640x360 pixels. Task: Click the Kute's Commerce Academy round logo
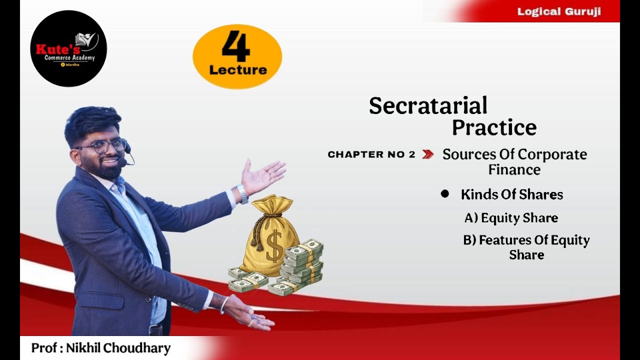coord(68,48)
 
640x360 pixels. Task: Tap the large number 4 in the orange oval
coord(236,46)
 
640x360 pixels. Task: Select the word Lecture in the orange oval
coord(238,70)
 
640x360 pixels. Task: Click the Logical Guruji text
coord(559,11)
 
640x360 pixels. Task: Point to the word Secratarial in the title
coord(428,105)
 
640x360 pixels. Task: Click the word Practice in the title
coord(494,127)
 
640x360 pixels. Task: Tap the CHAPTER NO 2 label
coord(371,154)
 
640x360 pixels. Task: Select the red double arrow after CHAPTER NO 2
coord(427,154)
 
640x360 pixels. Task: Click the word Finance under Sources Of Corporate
coord(514,170)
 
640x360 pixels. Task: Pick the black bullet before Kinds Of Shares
coord(445,193)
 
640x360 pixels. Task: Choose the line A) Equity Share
coord(511,218)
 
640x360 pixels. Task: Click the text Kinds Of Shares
coord(512,194)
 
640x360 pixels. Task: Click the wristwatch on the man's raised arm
coord(242,193)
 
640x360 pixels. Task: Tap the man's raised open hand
coord(262,175)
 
